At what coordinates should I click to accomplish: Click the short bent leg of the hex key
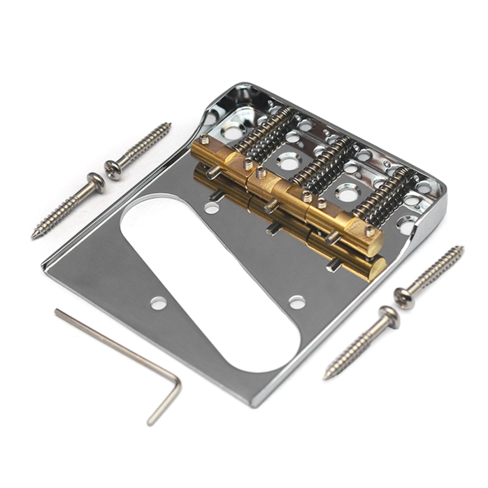click(x=166, y=402)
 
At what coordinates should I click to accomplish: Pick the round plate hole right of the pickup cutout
click(x=297, y=302)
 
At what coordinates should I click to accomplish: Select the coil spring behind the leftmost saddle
click(x=266, y=131)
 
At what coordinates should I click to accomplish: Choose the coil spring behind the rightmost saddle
click(x=384, y=197)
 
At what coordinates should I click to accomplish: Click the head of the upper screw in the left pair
click(x=113, y=170)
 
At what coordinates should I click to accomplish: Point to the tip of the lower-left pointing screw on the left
click(x=35, y=235)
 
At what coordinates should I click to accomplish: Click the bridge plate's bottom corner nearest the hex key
click(x=253, y=404)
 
